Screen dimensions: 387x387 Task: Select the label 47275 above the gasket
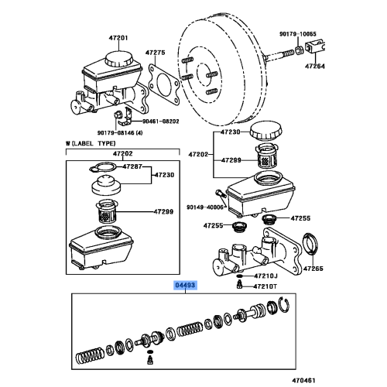(x=157, y=53)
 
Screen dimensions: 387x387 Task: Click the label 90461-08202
(x=160, y=121)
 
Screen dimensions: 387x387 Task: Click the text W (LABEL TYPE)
(x=93, y=144)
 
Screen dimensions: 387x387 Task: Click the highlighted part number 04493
(x=186, y=286)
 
